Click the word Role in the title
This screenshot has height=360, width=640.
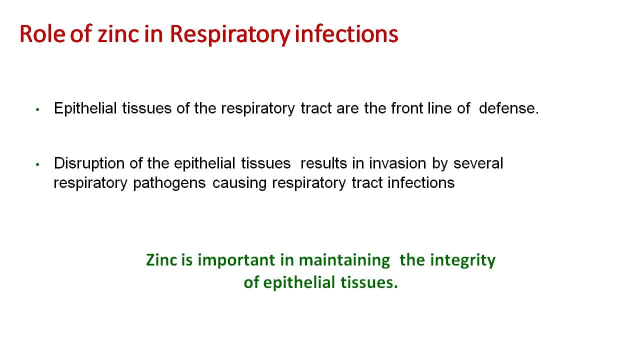pos(42,34)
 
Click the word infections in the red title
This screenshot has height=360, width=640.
pos(346,34)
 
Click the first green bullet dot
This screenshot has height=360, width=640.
pos(37,109)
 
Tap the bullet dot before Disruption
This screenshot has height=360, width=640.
pos(37,164)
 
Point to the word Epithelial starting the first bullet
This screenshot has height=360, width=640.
pos(85,109)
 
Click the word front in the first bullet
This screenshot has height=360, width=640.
pos(407,108)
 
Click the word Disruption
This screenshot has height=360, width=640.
pos(89,164)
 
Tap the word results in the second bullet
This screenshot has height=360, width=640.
pos(323,163)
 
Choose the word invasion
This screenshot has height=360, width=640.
pos(397,163)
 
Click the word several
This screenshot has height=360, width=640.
pos(478,163)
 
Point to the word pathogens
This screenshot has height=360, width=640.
pos(169,183)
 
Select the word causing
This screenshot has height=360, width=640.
pos(239,183)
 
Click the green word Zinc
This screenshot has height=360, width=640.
pos(161,260)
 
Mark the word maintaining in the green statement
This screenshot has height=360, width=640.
pos(344,261)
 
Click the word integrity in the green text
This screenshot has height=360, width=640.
pos(463,261)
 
